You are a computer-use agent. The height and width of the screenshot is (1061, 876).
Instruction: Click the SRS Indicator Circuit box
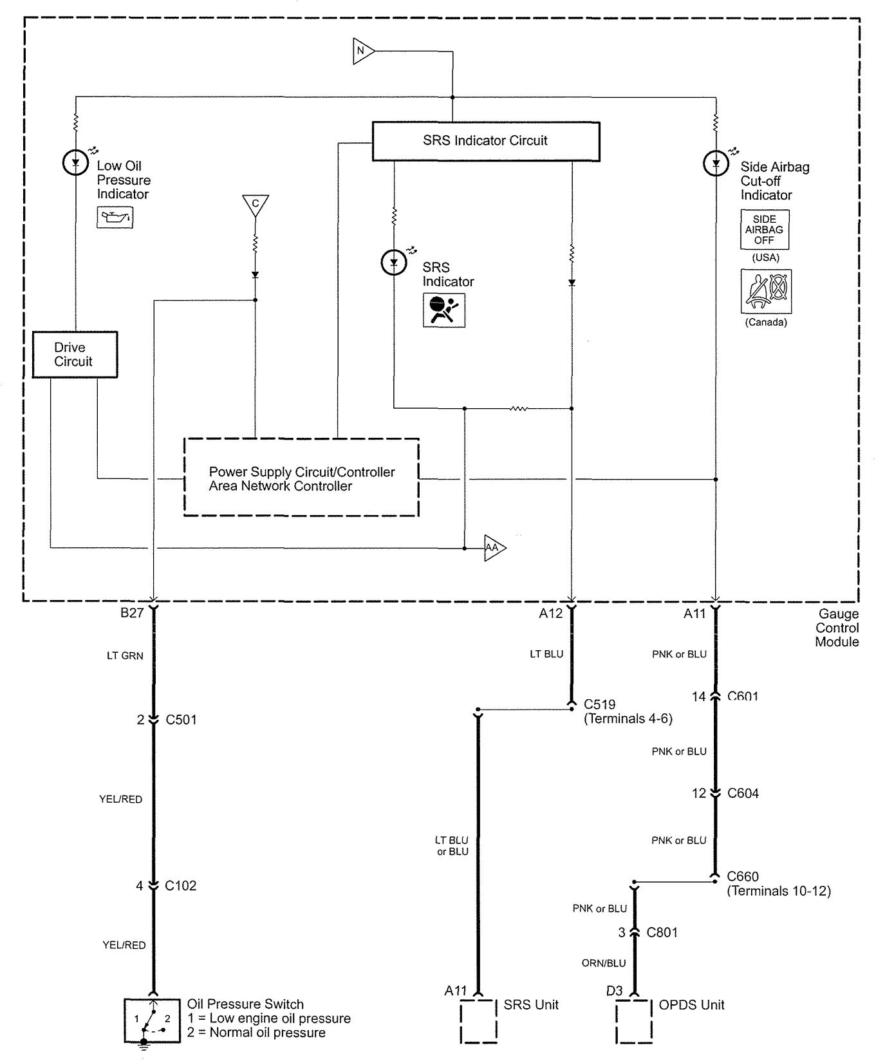tap(486, 141)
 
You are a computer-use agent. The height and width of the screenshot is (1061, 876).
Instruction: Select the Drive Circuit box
tap(75, 355)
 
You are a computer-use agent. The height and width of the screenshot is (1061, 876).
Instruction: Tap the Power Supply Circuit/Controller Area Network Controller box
tap(301, 478)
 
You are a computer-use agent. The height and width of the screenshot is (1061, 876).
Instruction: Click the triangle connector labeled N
tap(362, 51)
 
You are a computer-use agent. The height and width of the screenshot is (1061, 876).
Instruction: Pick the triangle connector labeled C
tap(256, 204)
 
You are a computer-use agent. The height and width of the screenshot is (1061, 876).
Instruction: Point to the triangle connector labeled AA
tap(494, 548)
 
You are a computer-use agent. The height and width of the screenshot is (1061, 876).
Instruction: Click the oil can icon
tap(115, 218)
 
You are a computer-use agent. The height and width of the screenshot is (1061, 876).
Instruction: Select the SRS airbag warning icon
tap(443, 310)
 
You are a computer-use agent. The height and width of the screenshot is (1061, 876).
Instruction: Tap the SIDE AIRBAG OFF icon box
tap(765, 230)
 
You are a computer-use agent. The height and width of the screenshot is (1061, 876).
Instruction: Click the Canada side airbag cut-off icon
tap(766, 292)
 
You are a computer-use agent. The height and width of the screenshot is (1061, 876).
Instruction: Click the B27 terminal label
tap(132, 613)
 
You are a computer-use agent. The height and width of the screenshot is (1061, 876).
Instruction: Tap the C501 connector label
tap(181, 720)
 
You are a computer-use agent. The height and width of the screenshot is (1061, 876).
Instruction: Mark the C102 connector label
tap(180, 886)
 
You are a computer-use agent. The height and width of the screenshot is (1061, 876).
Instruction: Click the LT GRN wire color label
tap(125, 656)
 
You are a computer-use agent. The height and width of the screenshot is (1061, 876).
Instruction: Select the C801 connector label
tap(662, 932)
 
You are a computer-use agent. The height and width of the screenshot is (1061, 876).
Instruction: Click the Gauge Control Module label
tap(837, 628)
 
